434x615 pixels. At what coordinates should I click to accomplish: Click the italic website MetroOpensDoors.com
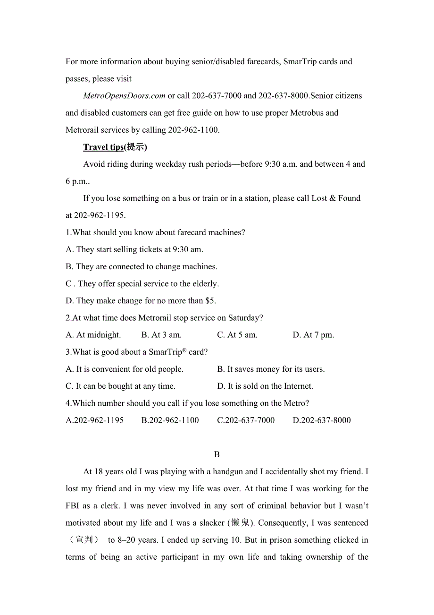click(x=124, y=96)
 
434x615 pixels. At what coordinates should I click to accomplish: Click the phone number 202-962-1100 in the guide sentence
click(x=193, y=130)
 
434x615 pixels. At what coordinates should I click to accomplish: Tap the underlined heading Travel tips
click(x=103, y=147)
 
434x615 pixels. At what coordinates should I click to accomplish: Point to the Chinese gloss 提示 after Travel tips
click(x=135, y=147)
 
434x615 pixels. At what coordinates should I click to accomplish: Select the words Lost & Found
click(x=336, y=198)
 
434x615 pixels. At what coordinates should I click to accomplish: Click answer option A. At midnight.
click(x=93, y=335)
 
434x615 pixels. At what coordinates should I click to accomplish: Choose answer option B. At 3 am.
click(x=161, y=335)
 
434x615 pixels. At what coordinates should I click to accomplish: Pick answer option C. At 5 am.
click(x=237, y=335)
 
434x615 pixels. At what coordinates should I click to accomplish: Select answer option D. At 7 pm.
click(x=313, y=335)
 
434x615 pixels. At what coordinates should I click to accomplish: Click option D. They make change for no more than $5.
click(x=141, y=301)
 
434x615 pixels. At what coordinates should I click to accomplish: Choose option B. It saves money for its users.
click(x=271, y=369)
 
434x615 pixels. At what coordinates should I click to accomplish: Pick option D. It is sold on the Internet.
click(x=265, y=386)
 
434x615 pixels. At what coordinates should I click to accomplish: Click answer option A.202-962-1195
click(x=94, y=420)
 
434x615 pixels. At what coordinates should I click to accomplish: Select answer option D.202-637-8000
click(x=322, y=420)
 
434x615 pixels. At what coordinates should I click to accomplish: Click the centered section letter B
click(x=217, y=454)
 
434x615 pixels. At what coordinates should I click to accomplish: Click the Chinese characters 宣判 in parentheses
click(x=84, y=540)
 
